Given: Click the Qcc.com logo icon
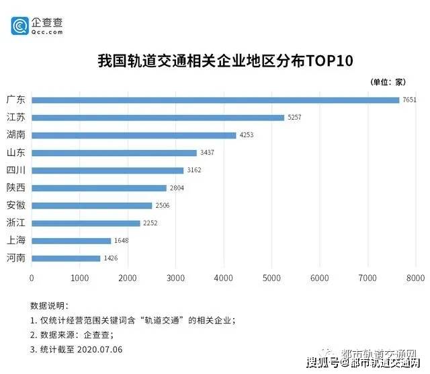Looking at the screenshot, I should click(20, 26).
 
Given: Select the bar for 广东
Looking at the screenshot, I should click(215, 100).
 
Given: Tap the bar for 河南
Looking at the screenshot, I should click(66, 258).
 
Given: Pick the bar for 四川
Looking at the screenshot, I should click(107, 170).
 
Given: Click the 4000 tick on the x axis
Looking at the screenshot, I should click(224, 277).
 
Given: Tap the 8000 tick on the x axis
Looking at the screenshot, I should click(415, 277).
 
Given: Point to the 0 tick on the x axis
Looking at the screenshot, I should click(32, 277).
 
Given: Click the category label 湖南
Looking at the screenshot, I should click(15, 135).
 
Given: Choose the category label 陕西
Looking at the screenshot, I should click(15, 188).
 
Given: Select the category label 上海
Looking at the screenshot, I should click(15, 241).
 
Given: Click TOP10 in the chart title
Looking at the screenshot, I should click(330, 61).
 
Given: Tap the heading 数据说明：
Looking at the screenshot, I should click(49, 305).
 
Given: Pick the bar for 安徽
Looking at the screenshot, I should click(92, 205).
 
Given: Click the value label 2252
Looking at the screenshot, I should click(150, 223).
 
